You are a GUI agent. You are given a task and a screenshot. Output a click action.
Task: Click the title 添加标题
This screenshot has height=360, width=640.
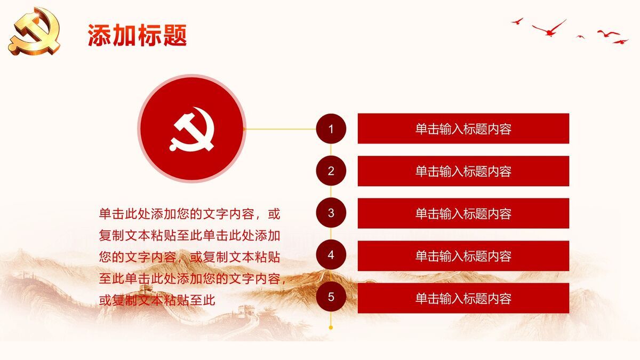click(137, 36)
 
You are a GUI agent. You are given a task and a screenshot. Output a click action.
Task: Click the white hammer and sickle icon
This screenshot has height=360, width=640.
click(192, 129)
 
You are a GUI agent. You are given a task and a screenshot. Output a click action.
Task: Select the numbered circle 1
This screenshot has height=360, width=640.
click(331, 129)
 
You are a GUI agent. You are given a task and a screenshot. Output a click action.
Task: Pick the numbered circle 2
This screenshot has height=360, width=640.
click(331, 171)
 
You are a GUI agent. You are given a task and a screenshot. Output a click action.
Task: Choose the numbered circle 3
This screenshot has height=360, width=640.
click(331, 213)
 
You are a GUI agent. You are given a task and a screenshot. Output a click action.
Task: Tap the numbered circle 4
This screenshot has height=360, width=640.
click(331, 255)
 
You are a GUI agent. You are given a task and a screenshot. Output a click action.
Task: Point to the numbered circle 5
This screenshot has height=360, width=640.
click(331, 298)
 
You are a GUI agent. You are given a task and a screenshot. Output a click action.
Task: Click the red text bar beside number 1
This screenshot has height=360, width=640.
click(463, 129)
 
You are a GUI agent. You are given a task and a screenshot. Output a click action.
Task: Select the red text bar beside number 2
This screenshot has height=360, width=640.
click(463, 171)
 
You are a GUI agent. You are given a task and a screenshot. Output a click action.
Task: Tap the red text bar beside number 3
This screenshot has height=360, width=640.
click(463, 213)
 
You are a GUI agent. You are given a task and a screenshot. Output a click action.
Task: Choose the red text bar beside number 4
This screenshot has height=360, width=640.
click(463, 256)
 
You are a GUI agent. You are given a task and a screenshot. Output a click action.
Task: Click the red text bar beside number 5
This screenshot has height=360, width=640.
click(463, 298)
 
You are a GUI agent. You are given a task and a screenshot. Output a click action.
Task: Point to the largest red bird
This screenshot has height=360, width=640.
click(549, 28)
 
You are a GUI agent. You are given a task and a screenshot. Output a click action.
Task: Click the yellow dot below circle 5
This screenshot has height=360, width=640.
click(331, 327)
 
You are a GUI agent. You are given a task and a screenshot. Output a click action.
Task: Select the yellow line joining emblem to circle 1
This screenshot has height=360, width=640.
click(280, 129)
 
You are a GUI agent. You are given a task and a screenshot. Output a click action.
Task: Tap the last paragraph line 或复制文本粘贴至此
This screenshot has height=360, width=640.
click(157, 300)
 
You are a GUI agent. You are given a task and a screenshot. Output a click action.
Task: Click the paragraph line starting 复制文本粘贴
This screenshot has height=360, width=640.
click(189, 235)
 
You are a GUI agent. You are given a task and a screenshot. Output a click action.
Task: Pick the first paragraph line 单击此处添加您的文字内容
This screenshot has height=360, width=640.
click(189, 214)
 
